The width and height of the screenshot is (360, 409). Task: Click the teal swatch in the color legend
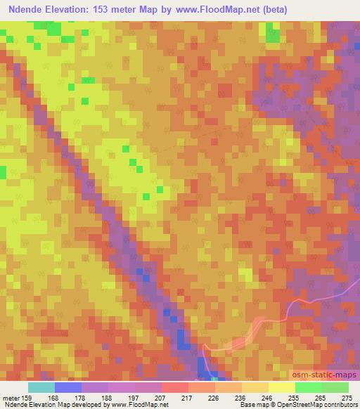coord(41,387)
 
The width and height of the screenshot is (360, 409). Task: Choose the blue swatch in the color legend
coord(68,387)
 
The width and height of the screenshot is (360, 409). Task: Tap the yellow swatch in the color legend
coord(282,387)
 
